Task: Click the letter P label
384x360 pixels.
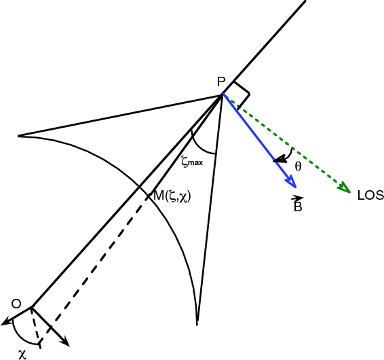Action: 221,82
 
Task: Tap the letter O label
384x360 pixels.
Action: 16,304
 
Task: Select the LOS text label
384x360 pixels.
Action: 370,196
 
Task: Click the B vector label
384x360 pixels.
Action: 298,206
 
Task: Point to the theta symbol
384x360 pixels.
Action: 298,166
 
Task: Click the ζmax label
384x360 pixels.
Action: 192,162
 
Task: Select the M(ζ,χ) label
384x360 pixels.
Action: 172,196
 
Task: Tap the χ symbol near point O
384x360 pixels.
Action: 22,355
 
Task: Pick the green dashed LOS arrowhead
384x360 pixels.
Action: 345,188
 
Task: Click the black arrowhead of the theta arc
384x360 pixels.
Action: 280,159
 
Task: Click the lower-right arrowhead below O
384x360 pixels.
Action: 64,341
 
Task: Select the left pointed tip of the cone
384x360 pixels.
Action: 18,136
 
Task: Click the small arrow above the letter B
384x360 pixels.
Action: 297,198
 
